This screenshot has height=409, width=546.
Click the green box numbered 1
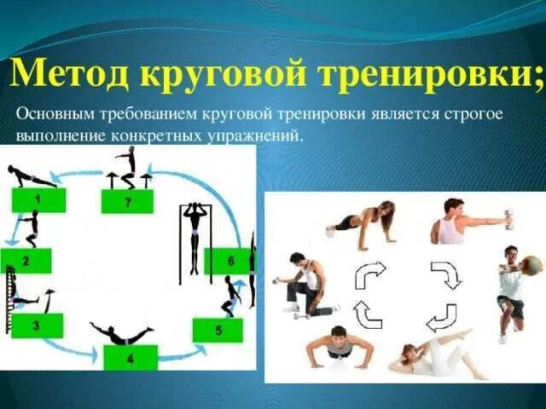(38, 199)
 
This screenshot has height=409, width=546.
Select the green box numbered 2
(25, 261)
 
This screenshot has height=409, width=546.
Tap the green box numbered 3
(35, 325)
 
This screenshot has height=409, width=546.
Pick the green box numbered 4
(130, 358)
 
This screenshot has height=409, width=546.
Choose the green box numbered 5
(218, 330)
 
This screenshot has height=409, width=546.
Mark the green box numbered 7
(127, 201)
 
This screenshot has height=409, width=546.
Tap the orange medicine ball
(531, 266)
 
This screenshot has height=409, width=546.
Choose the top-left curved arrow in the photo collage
(370, 275)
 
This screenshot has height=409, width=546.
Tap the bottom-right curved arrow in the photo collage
(441, 317)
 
